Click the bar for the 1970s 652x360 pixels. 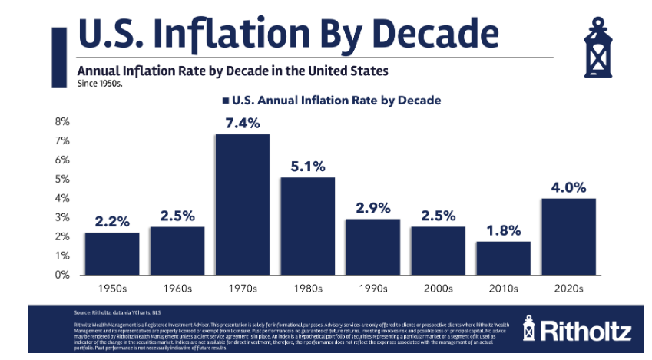pyautogui.click(x=243, y=204)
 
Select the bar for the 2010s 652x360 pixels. pyautogui.click(x=502, y=258)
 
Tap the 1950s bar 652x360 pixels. pyautogui.click(x=112, y=253)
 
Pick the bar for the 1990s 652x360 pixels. pyautogui.click(x=372, y=246)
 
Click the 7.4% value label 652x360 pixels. pyautogui.click(x=243, y=122)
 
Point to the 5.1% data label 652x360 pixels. pyautogui.click(x=307, y=165)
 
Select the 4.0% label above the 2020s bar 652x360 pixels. pyautogui.click(x=568, y=187)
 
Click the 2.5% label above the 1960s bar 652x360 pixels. pyautogui.click(x=177, y=215)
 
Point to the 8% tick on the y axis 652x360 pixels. pyautogui.click(x=62, y=122)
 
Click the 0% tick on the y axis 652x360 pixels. pyautogui.click(x=62, y=274)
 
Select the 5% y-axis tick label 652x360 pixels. pyautogui.click(x=62, y=179)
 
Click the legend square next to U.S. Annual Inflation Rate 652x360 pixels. pyautogui.click(x=225, y=100)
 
